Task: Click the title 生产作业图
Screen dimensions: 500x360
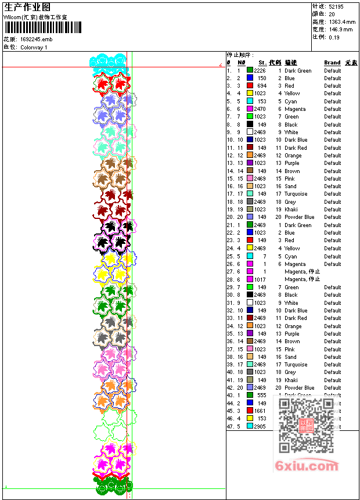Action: pyautogui.click(x=27, y=7)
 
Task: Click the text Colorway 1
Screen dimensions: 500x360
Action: pyautogui.click(x=34, y=47)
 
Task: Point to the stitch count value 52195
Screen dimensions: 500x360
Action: pyautogui.click(x=336, y=6)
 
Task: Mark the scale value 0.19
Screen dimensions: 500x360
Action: pyautogui.click(x=334, y=37)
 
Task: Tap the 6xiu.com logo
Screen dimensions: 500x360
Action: pyautogui.click(x=307, y=466)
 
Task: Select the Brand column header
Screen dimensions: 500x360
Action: pyautogui.click(x=332, y=63)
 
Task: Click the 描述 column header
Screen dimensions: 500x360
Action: pyautogui.click(x=291, y=63)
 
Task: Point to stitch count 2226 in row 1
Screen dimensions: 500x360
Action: pyautogui.click(x=260, y=71)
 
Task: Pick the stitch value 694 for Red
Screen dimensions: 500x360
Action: pyautogui.click(x=261, y=86)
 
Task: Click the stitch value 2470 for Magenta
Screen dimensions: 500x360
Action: pyautogui.click(x=260, y=109)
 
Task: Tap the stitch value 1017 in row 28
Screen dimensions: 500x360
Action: pyautogui.click(x=260, y=279)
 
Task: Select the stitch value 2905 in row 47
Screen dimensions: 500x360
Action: pyautogui.click(x=260, y=426)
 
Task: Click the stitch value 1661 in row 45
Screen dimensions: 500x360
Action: pyautogui.click(x=260, y=411)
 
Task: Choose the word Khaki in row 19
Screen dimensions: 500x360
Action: pyautogui.click(x=291, y=210)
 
